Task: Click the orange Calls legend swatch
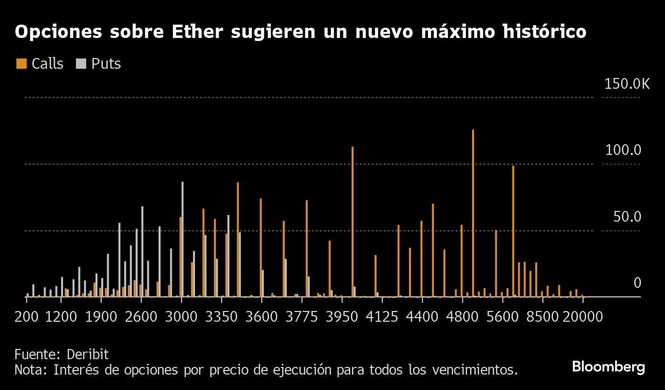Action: (x=22, y=64)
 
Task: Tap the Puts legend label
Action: (x=106, y=64)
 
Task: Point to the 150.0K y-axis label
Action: (x=627, y=84)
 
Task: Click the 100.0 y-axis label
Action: (x=623, y=150)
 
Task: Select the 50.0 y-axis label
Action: (x=627, y=217)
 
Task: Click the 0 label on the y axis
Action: (x=637, y=283)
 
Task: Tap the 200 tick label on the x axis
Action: (x=27, y=316)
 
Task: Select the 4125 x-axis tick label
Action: (x=382, y=316)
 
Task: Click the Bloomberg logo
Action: (x=608, y=367)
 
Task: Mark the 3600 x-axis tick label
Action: (x=261, y=316)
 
